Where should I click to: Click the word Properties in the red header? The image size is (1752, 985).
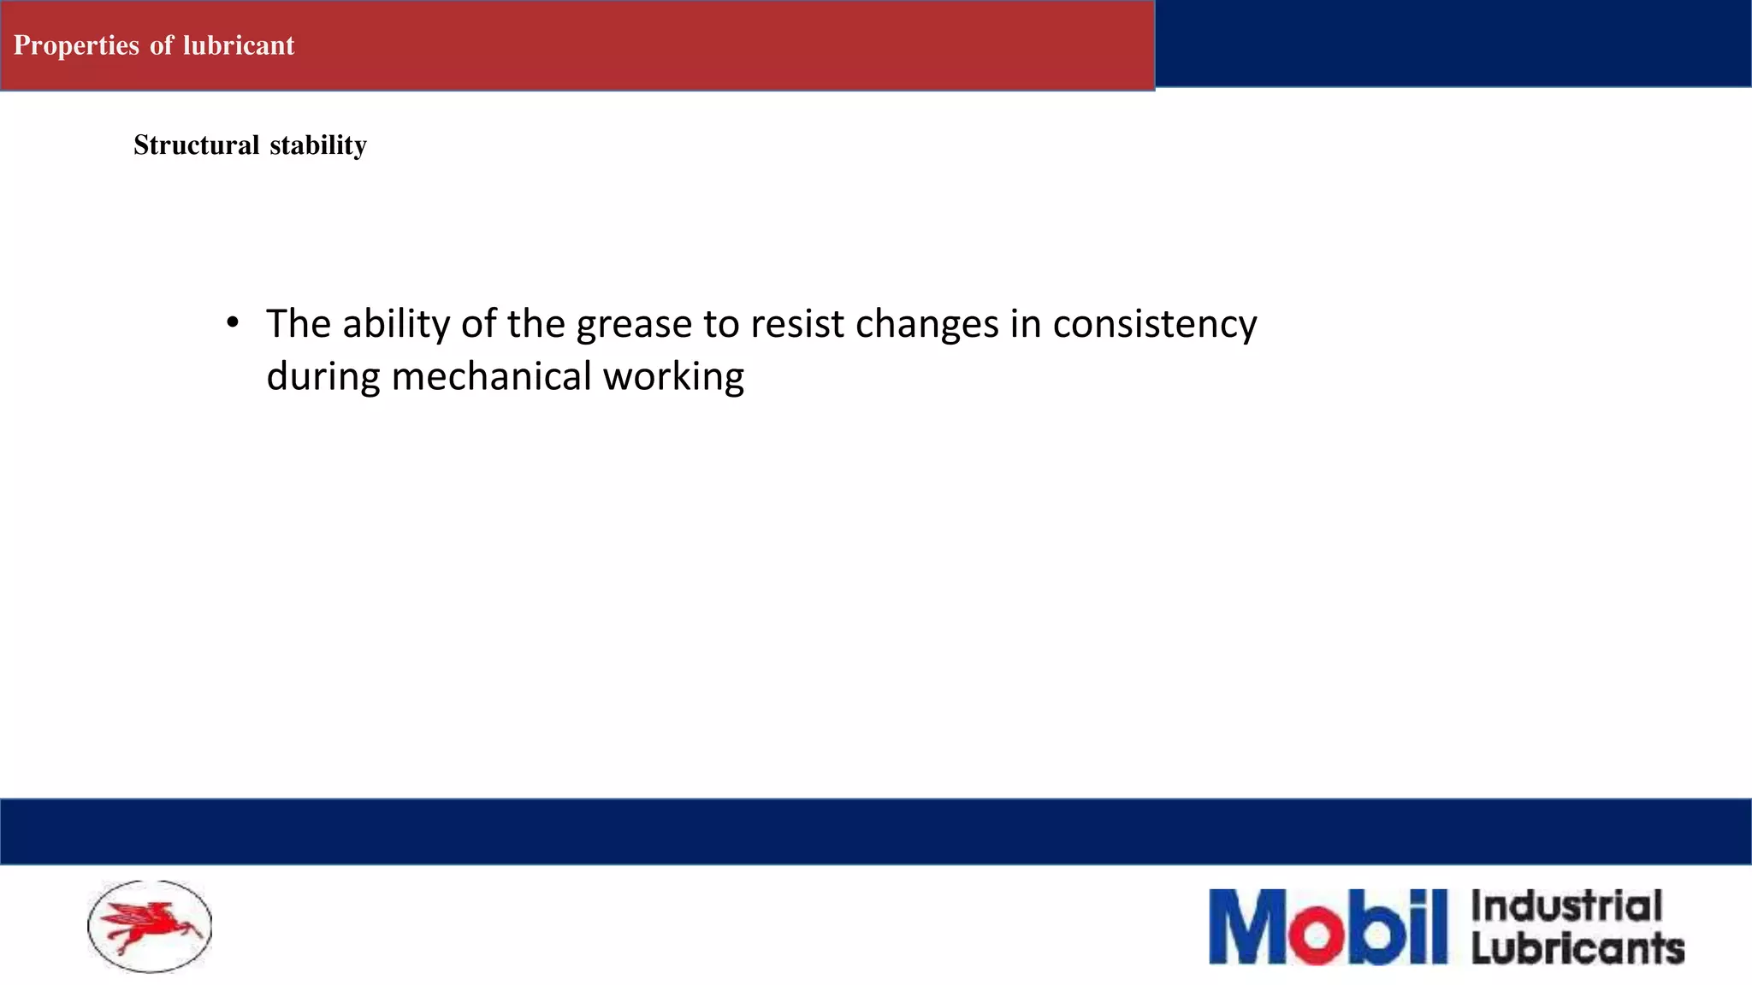(76, 45)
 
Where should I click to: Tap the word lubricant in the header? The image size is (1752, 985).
(239, 45)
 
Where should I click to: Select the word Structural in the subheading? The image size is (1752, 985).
(197, 145)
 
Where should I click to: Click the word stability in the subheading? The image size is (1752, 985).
(318, 145)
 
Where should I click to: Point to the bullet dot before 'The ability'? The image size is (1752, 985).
(233, 323)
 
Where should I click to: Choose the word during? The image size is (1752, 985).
(323, 377)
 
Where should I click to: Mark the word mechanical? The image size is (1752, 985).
(491, 376)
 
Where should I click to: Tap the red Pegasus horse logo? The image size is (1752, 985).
(151, 926)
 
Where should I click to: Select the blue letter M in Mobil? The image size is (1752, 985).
(1251, 927)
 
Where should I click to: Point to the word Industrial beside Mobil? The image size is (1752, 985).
(1566, 906)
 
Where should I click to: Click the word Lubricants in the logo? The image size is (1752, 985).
(1577, 948)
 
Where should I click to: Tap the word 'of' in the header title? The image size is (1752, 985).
(162, 45)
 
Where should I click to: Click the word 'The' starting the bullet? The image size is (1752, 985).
(299, 324)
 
